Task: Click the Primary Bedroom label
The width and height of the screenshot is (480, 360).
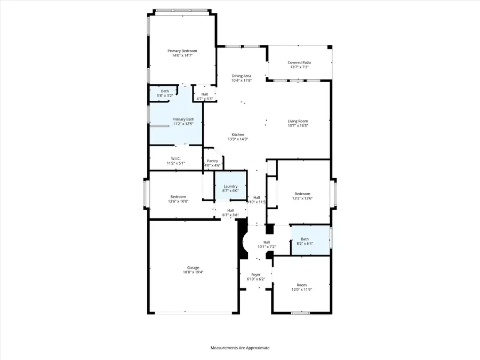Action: [183, 51]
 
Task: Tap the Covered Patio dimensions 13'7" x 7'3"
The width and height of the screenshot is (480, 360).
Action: [299, 67]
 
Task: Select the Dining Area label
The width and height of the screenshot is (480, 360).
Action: [241, 76]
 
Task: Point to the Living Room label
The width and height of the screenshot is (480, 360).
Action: [298, 121]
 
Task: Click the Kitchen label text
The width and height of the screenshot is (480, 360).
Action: [237, 134]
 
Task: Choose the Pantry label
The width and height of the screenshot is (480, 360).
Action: [212, 161]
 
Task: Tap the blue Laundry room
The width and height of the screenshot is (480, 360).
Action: [230, 186]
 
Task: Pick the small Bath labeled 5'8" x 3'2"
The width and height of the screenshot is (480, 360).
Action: [165, 93]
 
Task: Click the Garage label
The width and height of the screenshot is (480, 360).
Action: [193, 267]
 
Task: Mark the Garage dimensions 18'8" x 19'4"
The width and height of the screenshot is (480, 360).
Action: [193, 272]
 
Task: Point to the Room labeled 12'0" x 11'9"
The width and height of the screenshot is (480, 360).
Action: [302, 287]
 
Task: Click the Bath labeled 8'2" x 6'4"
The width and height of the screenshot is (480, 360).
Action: [305, 241]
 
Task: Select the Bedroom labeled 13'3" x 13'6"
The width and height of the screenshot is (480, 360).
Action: [302, 196]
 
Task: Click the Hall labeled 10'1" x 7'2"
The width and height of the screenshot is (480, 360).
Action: [266, 245]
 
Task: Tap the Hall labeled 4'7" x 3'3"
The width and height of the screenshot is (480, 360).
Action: [204, 96]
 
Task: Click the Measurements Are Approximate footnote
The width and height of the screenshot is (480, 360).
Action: [240, 348]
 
